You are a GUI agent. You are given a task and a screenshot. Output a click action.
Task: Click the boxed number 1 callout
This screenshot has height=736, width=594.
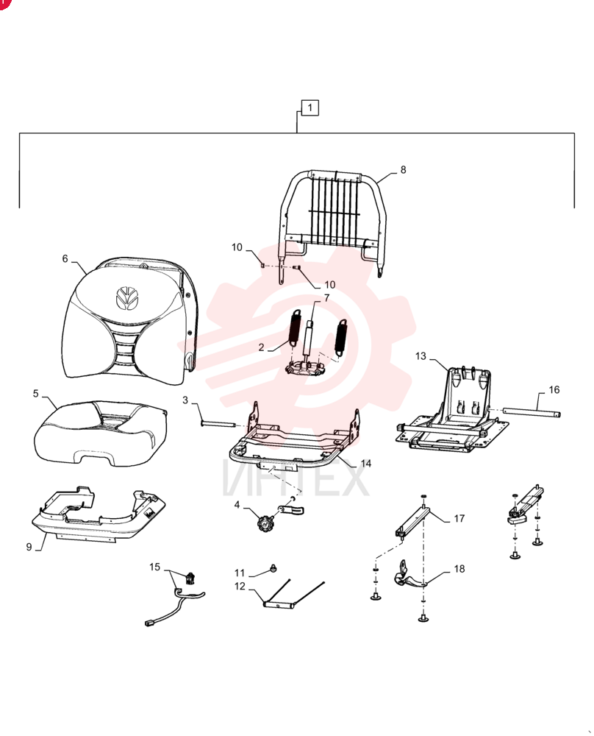[x=310, y=108]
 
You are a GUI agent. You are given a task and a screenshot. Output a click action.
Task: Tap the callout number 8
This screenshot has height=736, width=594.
[x=403, y=170]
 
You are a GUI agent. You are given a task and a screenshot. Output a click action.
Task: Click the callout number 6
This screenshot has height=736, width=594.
[x=65, y=258]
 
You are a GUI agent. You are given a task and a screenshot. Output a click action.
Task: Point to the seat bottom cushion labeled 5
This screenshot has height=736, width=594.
[x=100, y=433]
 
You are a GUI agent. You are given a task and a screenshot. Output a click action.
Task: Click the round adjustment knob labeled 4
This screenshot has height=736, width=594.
[x=265, y=522]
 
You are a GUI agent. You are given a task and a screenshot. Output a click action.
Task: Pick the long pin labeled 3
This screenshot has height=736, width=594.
[x=218, y=425]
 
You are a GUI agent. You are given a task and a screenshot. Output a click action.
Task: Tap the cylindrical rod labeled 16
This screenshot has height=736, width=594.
[x=532, y=413]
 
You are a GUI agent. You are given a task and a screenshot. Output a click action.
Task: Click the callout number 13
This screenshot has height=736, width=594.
[x=421, y=356]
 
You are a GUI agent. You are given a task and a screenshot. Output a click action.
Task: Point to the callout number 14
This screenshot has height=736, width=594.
[x=365, y=463]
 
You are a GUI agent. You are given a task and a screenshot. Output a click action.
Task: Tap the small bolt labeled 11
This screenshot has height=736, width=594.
[x=273, y=569]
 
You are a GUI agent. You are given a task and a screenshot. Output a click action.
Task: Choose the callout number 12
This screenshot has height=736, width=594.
[x=240, y=587]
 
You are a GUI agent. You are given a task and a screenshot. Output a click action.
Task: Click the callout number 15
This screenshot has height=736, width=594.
[x=154, y=567]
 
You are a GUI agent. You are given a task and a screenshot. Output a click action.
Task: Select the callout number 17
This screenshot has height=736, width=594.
[x=459, y=519]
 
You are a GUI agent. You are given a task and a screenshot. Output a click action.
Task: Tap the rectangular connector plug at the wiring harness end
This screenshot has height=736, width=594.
[x=149, y=623]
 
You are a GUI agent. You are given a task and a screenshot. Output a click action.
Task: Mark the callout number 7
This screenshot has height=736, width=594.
[x=326, y=298]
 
